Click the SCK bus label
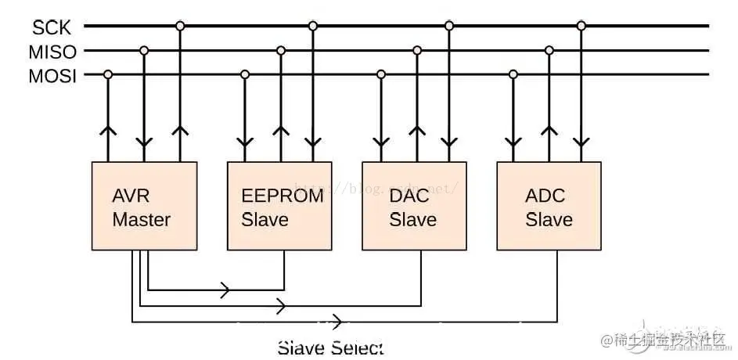pyautogui.click(x=52, y=27)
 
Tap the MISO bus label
pyautogui.click(x=53, y=52)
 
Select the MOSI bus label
pyautogui.click(x=52, y=77)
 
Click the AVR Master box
pyautogui.click(x=143, y=206)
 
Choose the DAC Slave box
pyautogui.click(x=414, y=206)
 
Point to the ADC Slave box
pyautogui.click(x=549, y=206)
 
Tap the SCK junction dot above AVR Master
pyautogui.click(x=180, y=26)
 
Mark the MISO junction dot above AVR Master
pyautogui.click(x=143, y=51)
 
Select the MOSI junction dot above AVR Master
pyautogui.click(x=108, y=75)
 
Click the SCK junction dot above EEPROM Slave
pyautogui.click(x=313, y=26)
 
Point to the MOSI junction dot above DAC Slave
pyautogui.click(x=381, y=75)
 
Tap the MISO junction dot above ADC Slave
pyautogui.click(x=549, y=51)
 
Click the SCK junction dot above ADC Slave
pyautogui.click(x=581, y=26)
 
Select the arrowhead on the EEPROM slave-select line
pyautogui.click(x=225, y=290)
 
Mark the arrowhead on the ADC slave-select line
pyautogui.click(x=338, y=321)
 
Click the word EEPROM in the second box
pyautogui.click(x=282, y=196)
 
